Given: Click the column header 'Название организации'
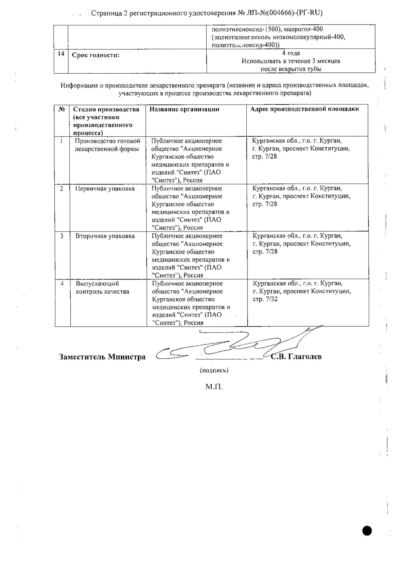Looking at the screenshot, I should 184,109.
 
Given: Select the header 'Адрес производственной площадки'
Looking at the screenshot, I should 305,109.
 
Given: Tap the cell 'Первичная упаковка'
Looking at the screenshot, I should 105,189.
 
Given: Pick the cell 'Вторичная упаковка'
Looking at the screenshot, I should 105,236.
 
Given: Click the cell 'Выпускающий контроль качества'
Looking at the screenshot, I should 102,287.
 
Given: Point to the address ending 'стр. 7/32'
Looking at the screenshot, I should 265,299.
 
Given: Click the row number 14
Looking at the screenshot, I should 61,53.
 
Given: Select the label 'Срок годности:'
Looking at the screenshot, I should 95,55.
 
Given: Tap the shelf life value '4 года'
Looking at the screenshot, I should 291,53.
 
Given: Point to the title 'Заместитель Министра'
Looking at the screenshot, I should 102,357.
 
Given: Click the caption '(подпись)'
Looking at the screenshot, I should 214,370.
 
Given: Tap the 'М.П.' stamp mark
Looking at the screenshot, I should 214,387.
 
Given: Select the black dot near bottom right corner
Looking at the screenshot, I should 367,531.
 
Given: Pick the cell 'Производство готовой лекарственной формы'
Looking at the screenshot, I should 107,145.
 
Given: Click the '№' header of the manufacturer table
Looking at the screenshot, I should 62,109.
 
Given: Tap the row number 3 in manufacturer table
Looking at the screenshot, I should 62,236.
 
